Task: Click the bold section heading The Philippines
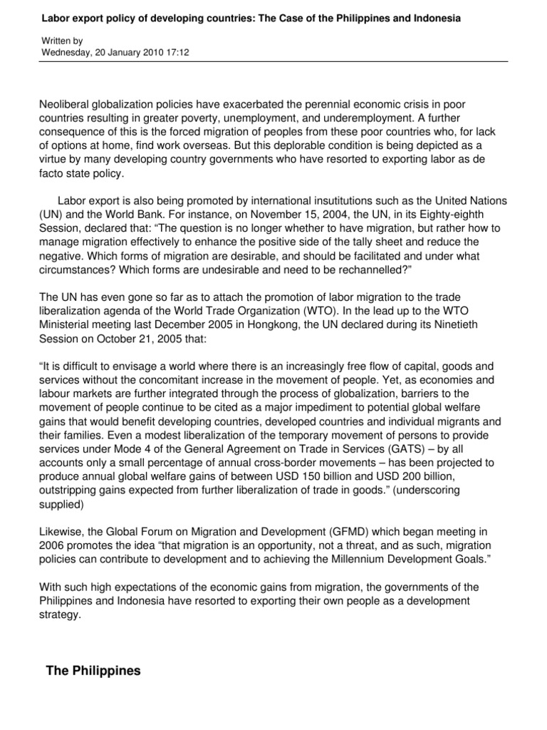click(93, 671)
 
